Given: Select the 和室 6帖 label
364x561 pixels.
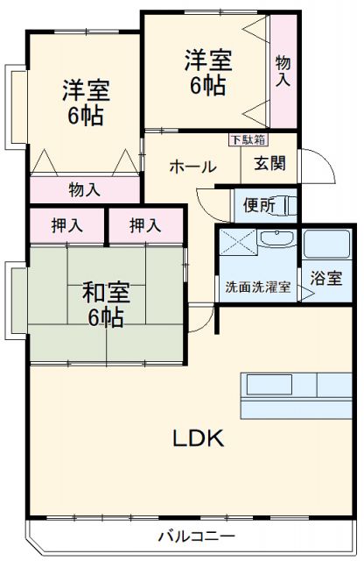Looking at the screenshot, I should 103,303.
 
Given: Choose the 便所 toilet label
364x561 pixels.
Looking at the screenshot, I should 260,207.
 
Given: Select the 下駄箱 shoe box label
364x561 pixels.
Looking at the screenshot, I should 248,138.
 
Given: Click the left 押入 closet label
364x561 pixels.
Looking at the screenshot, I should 66,225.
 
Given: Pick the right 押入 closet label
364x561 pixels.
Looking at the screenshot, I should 145,225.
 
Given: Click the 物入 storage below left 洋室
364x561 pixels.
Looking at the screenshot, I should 84,189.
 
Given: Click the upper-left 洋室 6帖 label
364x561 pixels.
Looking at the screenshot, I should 84,103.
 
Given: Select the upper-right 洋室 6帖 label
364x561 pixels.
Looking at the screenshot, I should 207,73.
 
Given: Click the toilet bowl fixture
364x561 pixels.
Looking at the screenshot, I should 290,206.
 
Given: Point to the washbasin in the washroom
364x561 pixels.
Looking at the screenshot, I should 280,243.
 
